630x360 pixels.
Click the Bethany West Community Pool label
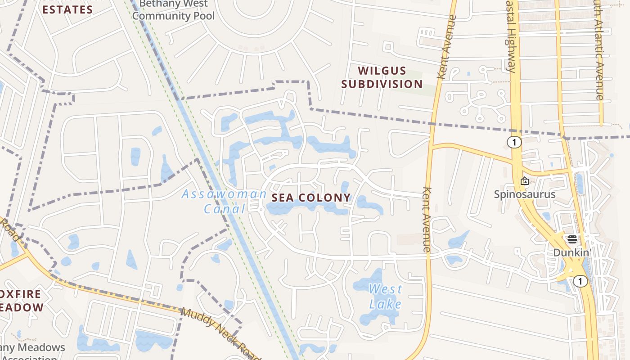[173, 10]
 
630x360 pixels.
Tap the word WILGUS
[382, 71]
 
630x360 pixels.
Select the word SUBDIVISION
[382, 84]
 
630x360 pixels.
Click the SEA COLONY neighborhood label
[310, 198]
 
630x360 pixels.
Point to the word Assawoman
[224, 194]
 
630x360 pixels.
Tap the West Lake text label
[385, 297]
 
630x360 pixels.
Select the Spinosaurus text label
[525, 194]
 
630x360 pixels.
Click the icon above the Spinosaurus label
[525, 181]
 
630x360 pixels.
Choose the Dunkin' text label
[571, 253]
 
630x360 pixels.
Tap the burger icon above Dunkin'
[572, 239]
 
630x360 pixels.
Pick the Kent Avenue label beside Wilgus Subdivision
[447, 47]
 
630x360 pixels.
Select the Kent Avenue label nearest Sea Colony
[427, 219]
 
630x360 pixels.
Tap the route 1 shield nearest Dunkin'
[580, 281]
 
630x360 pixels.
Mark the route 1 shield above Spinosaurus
[514, 143]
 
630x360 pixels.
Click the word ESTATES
[67, 9]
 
